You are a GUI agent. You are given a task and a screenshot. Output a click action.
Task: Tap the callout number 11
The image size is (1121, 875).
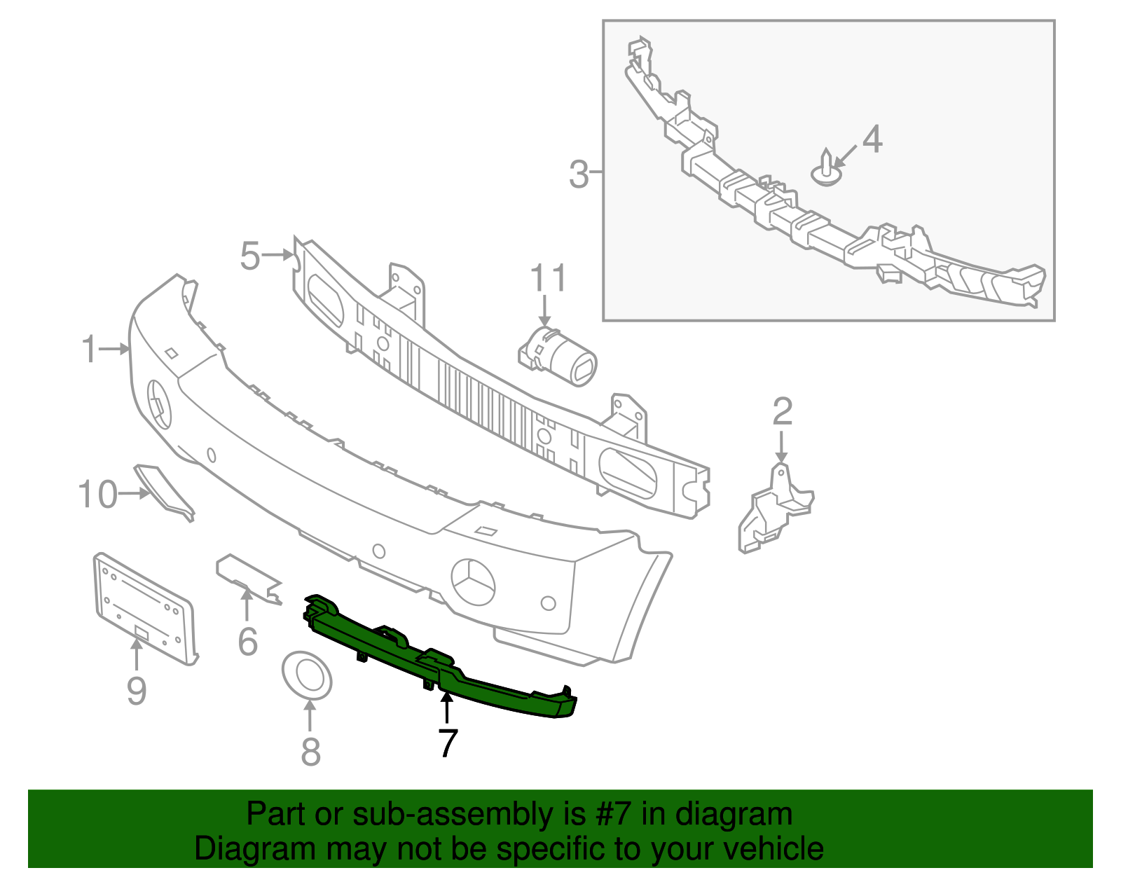click(x=547, y=279)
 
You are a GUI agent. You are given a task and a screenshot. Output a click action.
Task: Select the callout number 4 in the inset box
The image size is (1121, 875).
click(x=872, y=139)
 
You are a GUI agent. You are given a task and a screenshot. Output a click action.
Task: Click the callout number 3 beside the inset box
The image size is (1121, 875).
click(x=579, y=174)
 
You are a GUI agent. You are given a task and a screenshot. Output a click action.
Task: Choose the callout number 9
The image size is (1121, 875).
click(x=137, y=691)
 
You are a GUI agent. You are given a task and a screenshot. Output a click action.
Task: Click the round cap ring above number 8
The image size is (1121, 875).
click(x=307, y=675)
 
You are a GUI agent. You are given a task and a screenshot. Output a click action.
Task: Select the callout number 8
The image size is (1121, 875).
click(x=310, y=752)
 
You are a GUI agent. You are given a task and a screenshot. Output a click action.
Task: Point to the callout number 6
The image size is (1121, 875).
click(x=247, y=642)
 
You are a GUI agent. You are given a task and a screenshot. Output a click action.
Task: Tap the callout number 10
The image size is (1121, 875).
click(x=97, y=495)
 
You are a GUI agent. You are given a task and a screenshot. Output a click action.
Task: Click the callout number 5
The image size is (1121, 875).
click(x=250, y=256)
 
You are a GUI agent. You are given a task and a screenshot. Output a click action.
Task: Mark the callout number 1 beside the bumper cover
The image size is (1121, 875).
click(x=89, y=349)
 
